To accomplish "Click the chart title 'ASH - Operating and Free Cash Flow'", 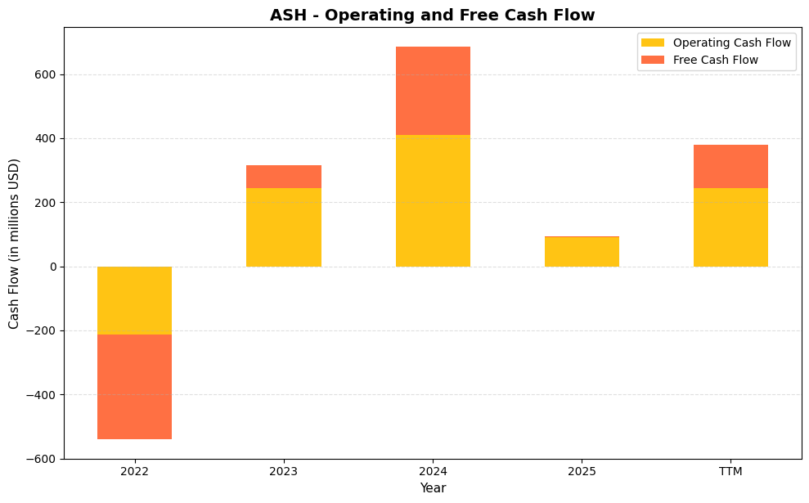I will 433,15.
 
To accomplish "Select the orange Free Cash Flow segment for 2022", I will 134,387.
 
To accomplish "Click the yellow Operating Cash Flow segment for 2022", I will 134,300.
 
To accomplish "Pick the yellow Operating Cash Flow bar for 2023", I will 283,227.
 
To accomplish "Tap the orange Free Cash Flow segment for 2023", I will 283,177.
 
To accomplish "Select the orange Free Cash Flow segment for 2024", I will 433,91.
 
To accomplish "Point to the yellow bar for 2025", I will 582,252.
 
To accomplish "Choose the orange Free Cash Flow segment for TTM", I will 730,166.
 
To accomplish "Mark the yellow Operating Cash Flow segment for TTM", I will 730,227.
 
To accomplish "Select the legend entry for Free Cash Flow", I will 715,60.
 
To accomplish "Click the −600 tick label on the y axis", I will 41,459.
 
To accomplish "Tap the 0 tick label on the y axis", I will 53,267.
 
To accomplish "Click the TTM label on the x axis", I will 730,471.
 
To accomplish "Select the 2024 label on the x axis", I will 433,471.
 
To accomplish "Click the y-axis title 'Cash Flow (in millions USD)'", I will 14,244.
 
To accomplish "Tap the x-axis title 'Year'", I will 433,488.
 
